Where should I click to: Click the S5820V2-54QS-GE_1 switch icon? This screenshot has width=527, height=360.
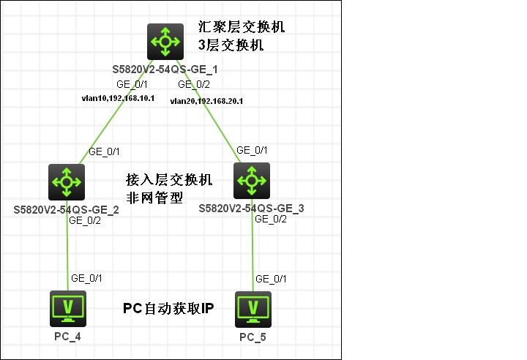pyautogui.click(x=165, y=41)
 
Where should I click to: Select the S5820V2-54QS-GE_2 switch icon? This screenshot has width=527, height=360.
pyautogui.click(x=67, y=181)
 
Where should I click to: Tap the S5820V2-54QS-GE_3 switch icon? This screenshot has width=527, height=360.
pyautogui.click(x=252, y=180)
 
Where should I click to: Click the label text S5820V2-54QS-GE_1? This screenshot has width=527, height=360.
pyautogui.click(x=165, y=70)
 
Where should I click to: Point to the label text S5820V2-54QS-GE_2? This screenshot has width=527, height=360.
pyautogui.click(x=66, y=210)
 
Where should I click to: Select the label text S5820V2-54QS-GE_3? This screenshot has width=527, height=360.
pyautogui.click(x=251, y=209)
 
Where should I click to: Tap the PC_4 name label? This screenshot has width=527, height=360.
pyautogui.click(x=67, y=336)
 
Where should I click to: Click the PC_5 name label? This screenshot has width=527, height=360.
pyautogui.click(x=253, y=337)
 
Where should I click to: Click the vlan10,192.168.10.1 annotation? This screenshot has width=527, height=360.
pyautogui.click(x=118, y=97)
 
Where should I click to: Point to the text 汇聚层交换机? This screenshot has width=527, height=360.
pyautogui.click(x=242, y=28)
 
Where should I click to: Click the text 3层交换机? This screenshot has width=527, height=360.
pyautogui.click(x=231, y=45)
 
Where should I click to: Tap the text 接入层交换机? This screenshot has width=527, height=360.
pyautogui.click(x=169, y=180)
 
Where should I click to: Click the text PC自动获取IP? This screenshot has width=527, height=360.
pyautogui.click(x=168, y=308)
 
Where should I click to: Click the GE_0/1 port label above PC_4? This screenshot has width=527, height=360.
pyautogui.click(x=87, y=278)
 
